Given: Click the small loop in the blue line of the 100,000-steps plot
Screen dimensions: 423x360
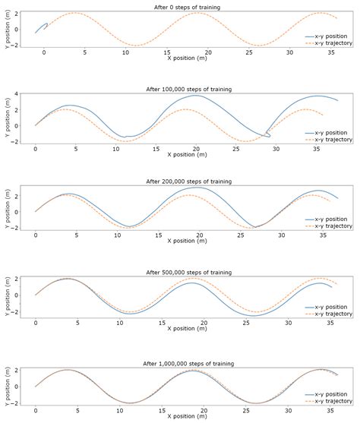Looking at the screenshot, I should tap(266, 134).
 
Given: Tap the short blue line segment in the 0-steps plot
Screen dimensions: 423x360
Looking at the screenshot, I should tap(42, 27).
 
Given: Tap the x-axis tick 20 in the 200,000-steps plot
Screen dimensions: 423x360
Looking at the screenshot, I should tap(197, 235).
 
